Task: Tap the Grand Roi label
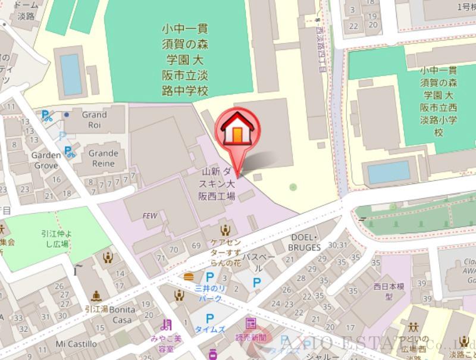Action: pyautogui.click(x=94, y=120)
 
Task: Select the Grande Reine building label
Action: pyautogui.click(x=103, y=158)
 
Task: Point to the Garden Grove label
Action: pyautogui.click(x=46, y=160)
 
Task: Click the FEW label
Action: pyautogui.click(x=150, y=215)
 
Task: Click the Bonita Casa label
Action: pyautogui.click(x=122, y=315)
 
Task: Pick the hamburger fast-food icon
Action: pyautogui.click(x=189, y=276)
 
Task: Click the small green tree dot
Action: pyautogui.click(x=293, y=187)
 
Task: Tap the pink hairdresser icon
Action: pyautogui.click(x=166, y=325)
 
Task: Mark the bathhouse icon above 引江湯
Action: pyautogui.click(x=96, y=296)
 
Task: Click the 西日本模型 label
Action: pyautogui.click(x=389, y=291)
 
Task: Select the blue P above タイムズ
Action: pyautogui.click(x=209, y=320)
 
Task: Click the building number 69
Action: pyautogui.click(x=196, y=245)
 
